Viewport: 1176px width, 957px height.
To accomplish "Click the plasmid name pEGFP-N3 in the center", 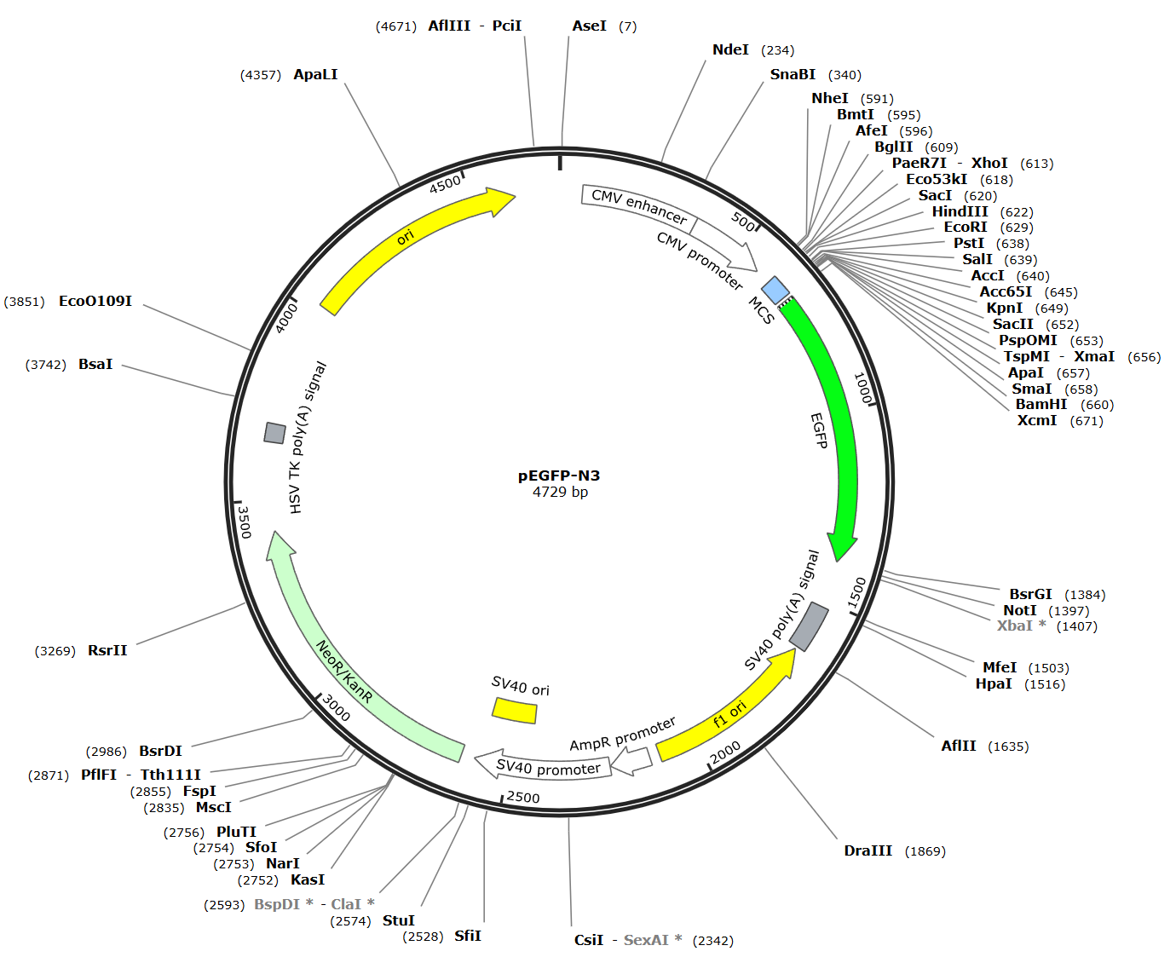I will click(559, 476).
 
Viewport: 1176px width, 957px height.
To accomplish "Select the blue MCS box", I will click(775, 290).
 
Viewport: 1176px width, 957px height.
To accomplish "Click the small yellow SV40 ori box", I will click(515, 710).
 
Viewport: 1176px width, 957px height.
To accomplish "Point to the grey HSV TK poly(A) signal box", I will click(274, 433).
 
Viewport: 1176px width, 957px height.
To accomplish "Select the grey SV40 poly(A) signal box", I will click(809, 626).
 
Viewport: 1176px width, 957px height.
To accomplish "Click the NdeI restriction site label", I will click(730, 49).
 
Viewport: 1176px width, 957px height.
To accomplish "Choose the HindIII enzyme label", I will click(960, 211).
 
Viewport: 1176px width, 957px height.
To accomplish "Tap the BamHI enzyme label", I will click(1041, 404).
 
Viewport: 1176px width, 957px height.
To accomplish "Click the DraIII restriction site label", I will click(868, 850).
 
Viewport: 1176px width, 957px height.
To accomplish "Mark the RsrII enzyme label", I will click(107, 650).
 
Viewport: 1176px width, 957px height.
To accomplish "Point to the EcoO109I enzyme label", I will click(95, 301).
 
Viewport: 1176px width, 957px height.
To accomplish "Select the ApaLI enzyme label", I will click(315, 74).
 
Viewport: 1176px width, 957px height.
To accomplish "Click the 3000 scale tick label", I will click(337, 708).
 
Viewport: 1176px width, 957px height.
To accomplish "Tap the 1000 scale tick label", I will click(862, 388).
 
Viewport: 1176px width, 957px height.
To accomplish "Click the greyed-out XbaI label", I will click(1015, 626).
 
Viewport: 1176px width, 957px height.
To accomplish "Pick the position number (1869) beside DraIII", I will click(925, 851).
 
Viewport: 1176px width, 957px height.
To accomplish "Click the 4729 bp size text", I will click(560, 492).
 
